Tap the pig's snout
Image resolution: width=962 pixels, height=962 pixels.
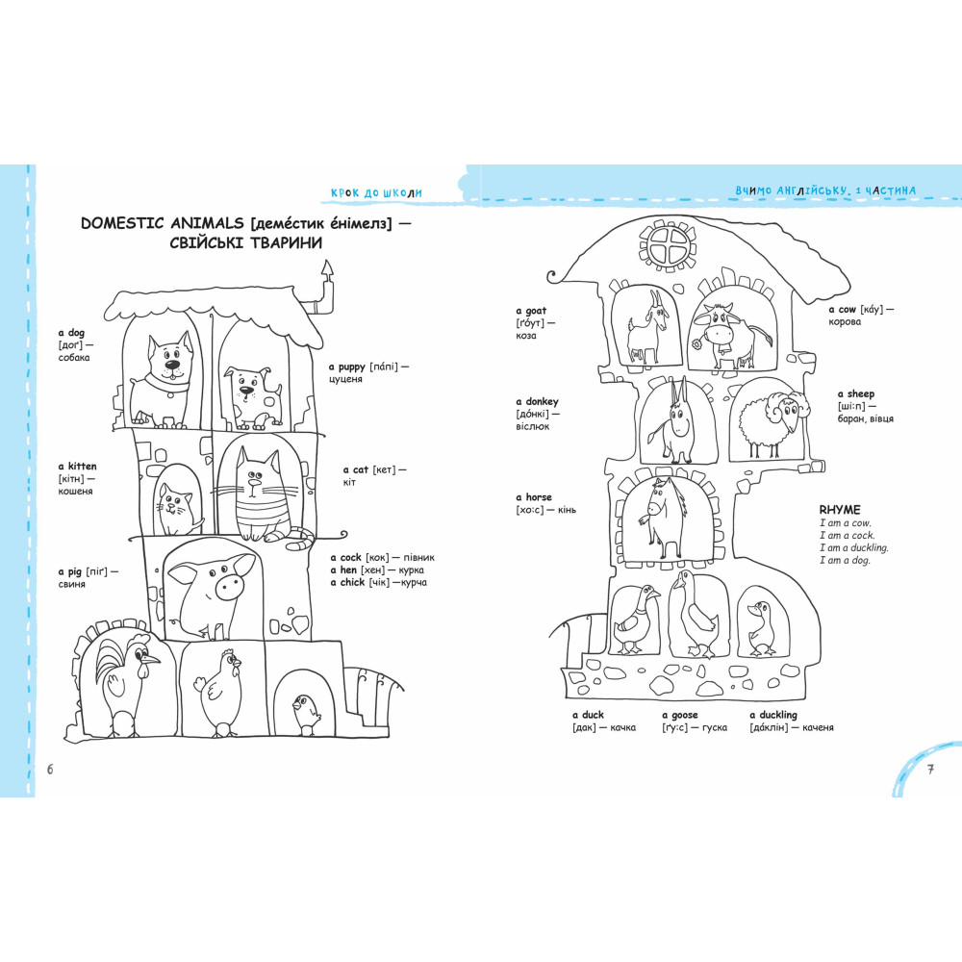coord(230,586)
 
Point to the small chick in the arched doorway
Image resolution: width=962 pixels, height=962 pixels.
coord(305,714)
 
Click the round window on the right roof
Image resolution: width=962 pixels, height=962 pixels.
coord(669,246)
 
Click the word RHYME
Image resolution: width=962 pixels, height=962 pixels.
coord(839,509)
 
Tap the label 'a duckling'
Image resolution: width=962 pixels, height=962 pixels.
coord(773,715)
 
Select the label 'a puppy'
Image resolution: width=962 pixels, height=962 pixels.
coord(346,367)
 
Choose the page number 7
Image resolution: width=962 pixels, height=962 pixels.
coord(930,770)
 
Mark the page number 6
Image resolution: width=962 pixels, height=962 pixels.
coord(50,770)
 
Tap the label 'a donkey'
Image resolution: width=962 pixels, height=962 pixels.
coord(537,401)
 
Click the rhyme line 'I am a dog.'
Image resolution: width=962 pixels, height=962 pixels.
coord(845,560)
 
